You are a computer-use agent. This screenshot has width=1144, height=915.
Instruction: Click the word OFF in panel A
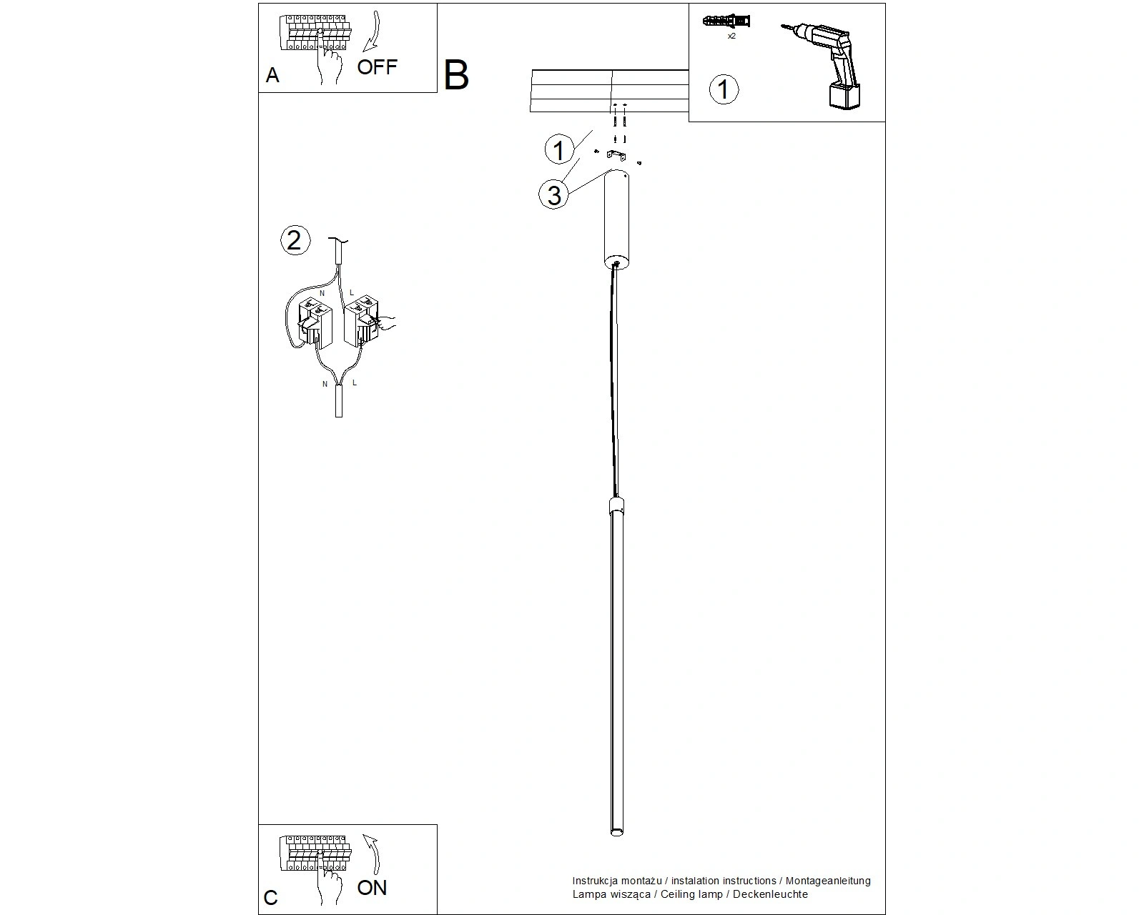(x=377, y=67)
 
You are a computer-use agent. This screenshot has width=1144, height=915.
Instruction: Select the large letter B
(x=456, y=75)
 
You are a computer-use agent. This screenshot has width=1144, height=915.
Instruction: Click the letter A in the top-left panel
(x=272, y=75)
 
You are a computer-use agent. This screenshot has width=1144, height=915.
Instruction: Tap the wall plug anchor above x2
(x=726, y=21)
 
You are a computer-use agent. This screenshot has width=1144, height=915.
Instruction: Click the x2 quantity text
(x=731, y=36)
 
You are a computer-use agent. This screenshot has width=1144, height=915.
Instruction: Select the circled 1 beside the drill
(x=724, y=89)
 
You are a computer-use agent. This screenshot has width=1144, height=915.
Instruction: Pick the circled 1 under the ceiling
(x=558, y=149)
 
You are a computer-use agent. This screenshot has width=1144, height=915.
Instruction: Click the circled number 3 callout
(x=554, y=194)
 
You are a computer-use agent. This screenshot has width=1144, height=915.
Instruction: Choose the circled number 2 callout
(x=295, y=239)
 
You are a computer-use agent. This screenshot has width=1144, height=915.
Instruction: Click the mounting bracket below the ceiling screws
(x=616, y=156)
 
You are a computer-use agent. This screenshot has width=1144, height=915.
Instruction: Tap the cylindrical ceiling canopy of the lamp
(x=616, y=219)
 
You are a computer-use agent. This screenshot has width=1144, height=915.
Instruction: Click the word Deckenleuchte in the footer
(x=770, y=894)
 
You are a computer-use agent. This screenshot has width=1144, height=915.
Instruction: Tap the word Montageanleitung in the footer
(x=828, y=881)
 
